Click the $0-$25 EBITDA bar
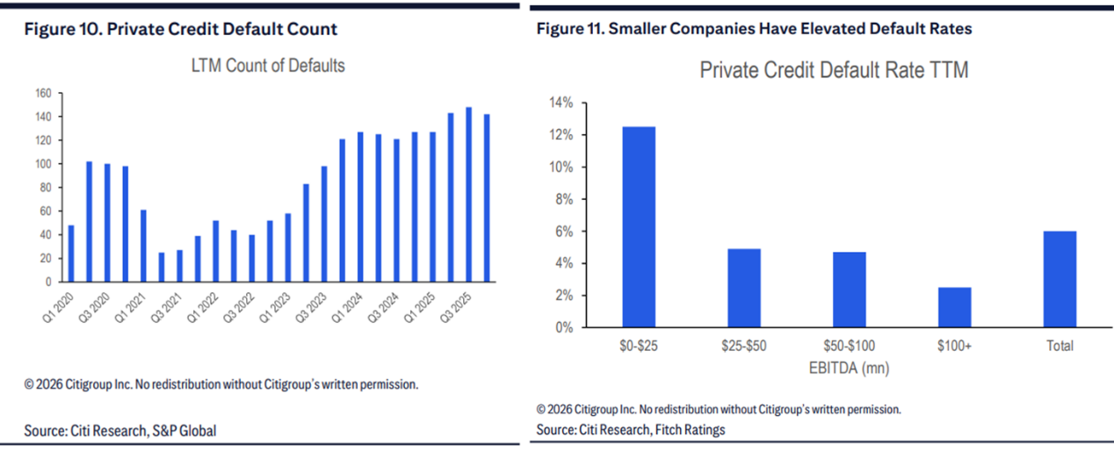(x=639, y=227)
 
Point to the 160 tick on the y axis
(x=42, y=93)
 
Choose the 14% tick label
(x=561, y=104)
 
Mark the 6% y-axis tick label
(x=563, y=232)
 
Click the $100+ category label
(x=954, y=346)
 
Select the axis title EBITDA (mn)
(x=849, y=369)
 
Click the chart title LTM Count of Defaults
(x=268, y=66)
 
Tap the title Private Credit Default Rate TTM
(x=834, y=70)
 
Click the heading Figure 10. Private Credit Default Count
(x=180, y=29)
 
